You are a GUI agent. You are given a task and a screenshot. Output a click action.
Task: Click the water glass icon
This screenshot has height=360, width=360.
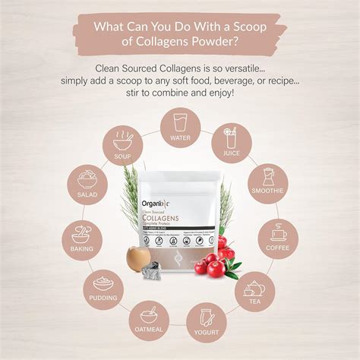pos(181,122)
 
